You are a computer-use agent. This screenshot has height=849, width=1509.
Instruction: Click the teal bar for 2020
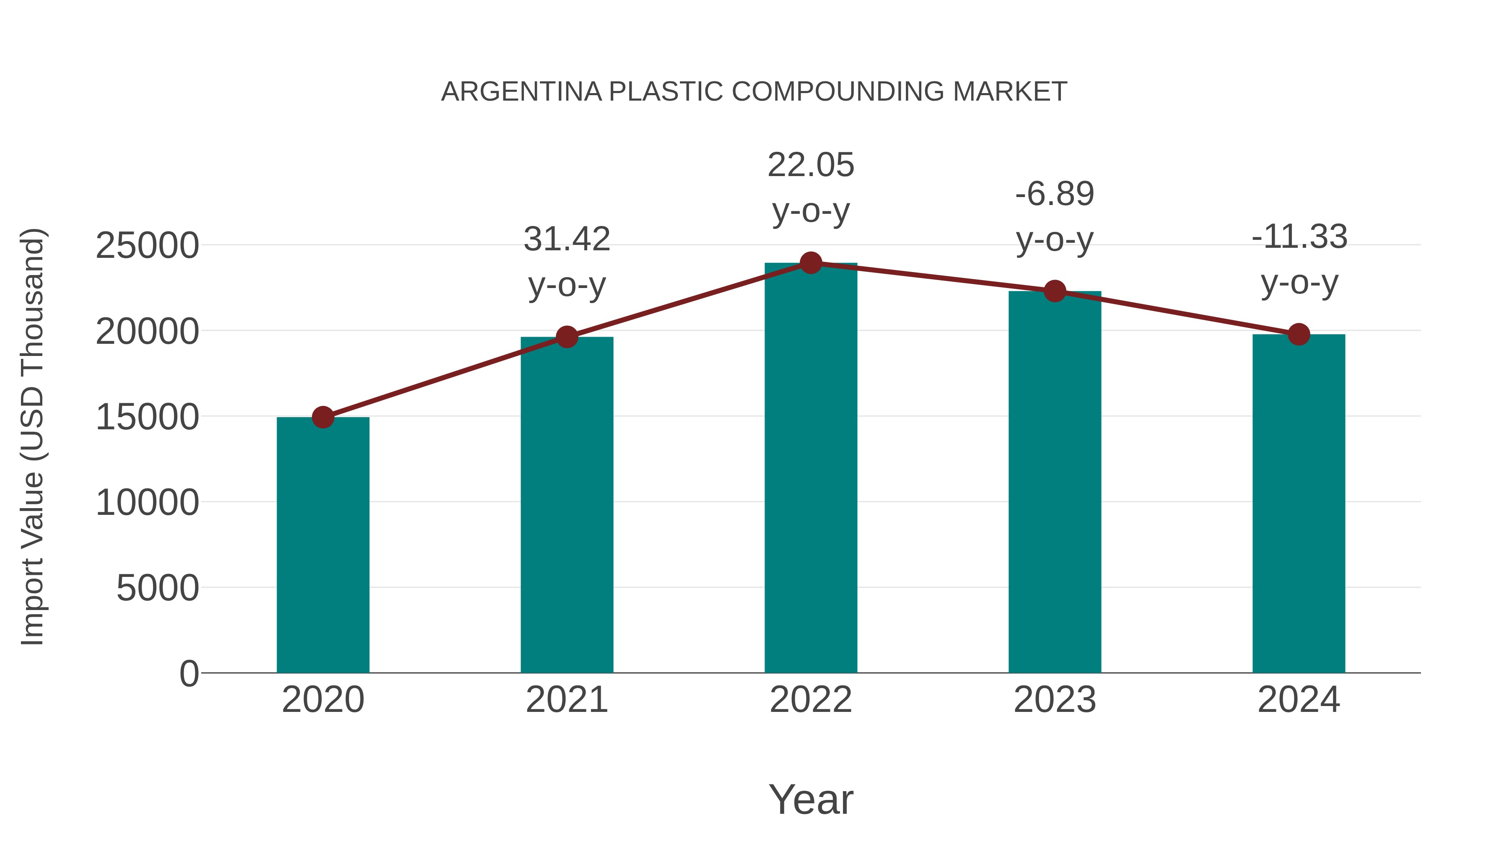[x=323, y=545]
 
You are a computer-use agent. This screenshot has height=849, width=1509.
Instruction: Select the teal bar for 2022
[x=811, y=469]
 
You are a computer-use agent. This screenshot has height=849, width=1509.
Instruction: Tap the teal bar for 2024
[x=1299, y=504]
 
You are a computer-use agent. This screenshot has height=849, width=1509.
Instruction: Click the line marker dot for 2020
[x=323, y=418]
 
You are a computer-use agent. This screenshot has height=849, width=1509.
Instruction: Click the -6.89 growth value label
[x=1055, y=194]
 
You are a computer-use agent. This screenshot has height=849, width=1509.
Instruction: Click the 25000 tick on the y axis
[x=147, y=246]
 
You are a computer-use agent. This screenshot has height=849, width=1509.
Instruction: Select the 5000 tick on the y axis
[x=158, y=588]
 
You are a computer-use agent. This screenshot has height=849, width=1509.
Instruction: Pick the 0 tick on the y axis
[x=189, y=673]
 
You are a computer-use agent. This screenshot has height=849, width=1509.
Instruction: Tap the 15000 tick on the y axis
[x=147, y=417]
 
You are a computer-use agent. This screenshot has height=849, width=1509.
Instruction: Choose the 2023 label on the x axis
[x=1055, y=700]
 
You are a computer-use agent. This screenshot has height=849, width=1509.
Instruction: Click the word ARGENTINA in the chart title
[x=521, y=92]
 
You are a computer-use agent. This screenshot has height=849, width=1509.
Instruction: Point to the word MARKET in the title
[x=1010, y=92]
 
